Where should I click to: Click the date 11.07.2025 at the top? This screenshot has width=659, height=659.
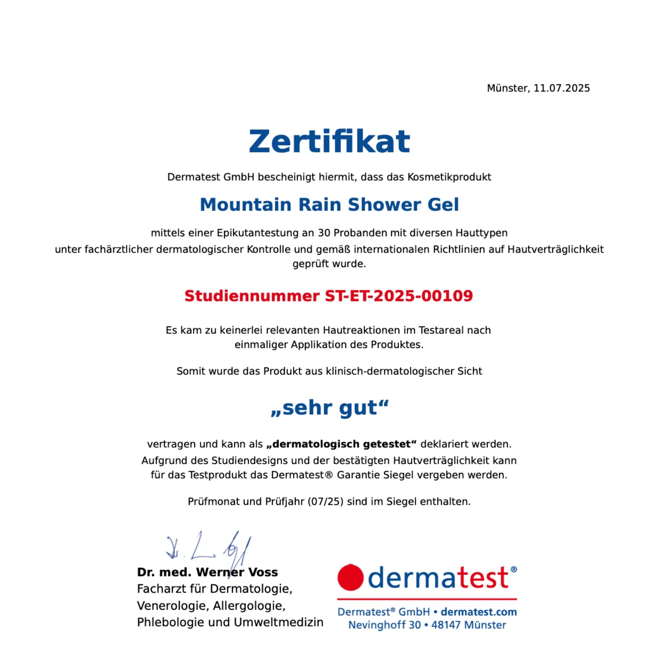[561, 88]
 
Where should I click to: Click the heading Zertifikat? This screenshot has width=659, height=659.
[329, 141]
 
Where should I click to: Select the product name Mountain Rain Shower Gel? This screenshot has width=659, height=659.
[329, 205]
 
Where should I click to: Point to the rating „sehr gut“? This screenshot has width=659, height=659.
[329, 408]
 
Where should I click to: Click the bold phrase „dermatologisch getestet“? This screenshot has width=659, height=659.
[341, 444]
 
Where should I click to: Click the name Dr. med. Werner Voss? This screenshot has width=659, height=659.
[207, 572]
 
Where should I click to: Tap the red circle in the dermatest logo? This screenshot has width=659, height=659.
[350, 577]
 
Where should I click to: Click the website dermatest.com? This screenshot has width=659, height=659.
[478, 612]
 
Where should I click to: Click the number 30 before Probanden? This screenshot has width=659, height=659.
[324, 233]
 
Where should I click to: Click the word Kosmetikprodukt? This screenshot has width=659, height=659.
[449, 177]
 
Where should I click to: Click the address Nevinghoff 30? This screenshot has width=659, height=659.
[384, 625]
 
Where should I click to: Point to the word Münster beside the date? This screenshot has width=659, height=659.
[508, 88]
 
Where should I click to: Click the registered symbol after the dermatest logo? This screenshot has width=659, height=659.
[514, 569]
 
